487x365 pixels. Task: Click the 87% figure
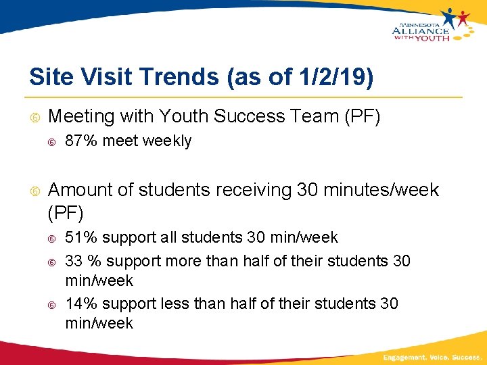[79, 141]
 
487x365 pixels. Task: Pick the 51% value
[79, 238]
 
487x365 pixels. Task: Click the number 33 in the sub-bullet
[74, 261]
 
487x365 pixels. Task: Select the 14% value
[79, 304]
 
